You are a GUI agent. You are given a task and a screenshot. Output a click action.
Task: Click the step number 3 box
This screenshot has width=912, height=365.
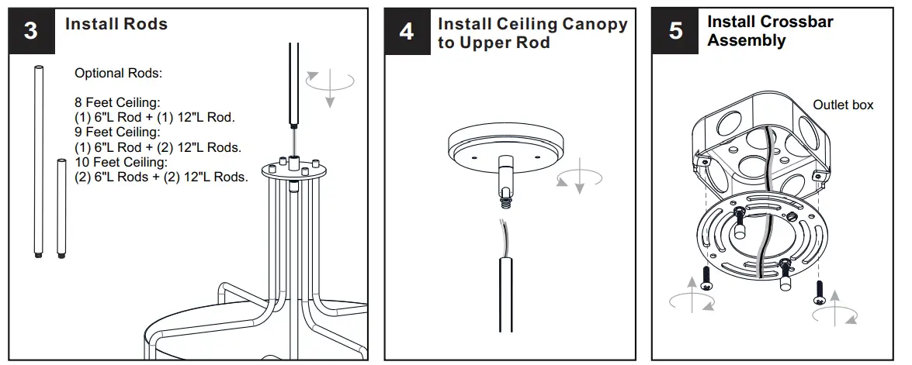pyautogui.click(x=31, y=32)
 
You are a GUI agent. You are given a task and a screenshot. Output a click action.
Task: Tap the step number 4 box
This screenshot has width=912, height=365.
pyautogui.click(x=407, y=32)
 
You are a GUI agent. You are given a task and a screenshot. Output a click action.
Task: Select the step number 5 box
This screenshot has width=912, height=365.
pyautogui.click(x=676, y=32)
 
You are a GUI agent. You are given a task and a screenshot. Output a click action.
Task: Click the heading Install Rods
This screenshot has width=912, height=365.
pyautogui.click(x=116, y=24)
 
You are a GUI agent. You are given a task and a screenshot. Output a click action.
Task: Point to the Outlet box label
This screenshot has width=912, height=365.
pyautogui.click(x=842, y=105)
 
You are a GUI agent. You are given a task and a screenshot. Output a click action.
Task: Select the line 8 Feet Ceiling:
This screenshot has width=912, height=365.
pyautogui.click(x=116, y=103)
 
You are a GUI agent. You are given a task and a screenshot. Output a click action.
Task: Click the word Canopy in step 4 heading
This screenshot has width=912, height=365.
pyautogui.click(x=592, y=24)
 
